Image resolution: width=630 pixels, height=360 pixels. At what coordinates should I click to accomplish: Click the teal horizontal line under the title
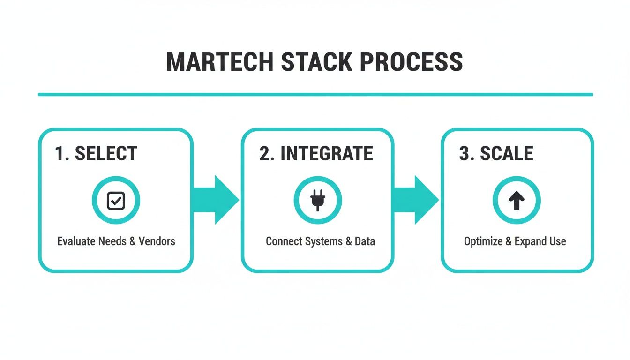315,94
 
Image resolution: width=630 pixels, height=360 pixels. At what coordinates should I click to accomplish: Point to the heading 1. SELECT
96,154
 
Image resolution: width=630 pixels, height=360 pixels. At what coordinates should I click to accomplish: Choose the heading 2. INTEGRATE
316,154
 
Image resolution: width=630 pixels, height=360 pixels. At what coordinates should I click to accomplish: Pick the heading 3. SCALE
496,154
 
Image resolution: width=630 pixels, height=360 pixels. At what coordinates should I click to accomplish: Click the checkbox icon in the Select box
116,201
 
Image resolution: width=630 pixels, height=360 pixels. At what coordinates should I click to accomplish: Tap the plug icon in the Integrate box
317,201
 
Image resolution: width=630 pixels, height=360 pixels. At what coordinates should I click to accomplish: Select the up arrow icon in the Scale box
517,201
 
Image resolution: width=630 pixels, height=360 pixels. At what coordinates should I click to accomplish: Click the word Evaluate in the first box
76,241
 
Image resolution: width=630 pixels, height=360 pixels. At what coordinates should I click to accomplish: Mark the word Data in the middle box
365,241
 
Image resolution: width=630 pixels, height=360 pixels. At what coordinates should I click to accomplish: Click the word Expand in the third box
531,241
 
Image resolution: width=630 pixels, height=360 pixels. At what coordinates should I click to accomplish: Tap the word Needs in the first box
112,241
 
